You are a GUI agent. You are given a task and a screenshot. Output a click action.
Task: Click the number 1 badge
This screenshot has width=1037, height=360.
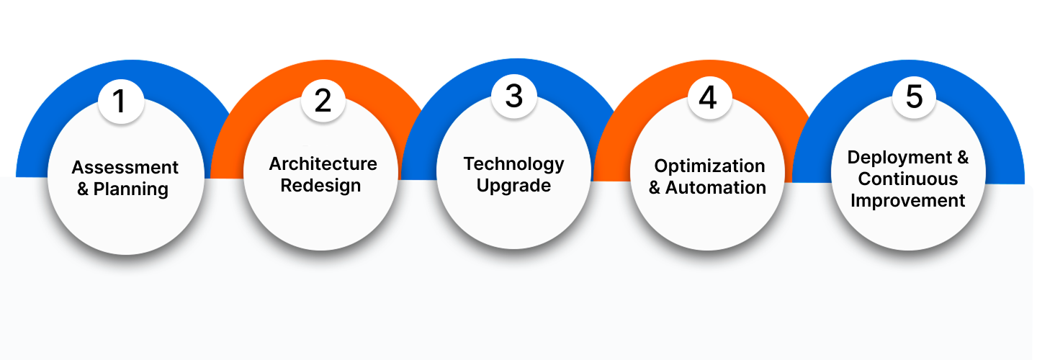coord(121,102)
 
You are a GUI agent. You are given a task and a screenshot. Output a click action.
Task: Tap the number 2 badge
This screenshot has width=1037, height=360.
coord(323,100)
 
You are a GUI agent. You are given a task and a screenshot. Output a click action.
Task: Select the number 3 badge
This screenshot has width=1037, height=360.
coord(514,96)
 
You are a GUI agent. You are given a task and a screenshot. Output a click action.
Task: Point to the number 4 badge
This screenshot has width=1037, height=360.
coord(709,98)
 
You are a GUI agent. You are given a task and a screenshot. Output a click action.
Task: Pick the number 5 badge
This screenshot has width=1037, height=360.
coord(914,96)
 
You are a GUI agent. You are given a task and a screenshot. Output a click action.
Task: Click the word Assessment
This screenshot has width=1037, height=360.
coord(125,167)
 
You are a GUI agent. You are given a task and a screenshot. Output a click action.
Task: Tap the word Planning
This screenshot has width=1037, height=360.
coord(131,189)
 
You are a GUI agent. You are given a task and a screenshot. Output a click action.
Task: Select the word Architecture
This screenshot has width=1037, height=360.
coord(323,163)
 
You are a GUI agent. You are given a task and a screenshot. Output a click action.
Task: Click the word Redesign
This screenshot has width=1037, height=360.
coord(320,186)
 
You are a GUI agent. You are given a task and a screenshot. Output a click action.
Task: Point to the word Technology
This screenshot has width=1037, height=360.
coord(514,164)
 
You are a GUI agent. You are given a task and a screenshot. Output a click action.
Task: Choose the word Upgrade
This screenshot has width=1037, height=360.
coord(514,186)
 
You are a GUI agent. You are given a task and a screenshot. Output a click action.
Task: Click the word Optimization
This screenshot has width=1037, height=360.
coord(709,166)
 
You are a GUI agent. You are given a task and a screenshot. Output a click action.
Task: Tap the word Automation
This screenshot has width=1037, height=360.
coord(716,187)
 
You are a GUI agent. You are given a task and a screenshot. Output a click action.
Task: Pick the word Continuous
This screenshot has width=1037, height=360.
coord(908,179)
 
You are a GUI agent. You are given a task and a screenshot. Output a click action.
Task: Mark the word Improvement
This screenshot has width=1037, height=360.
coord(908,201)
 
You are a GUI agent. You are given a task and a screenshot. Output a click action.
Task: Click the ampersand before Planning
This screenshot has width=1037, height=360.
coord(83,189)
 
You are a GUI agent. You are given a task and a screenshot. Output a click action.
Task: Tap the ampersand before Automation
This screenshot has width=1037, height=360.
coord(655,187)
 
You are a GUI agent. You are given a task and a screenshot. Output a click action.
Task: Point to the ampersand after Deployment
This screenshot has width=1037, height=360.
coord(963,158)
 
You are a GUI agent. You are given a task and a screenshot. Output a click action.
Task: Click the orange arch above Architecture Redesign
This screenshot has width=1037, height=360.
coord(319,75)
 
